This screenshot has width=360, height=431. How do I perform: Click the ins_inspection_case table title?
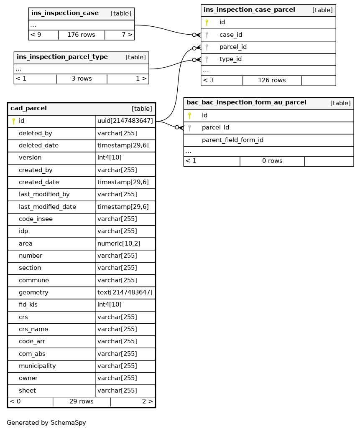pyautogui.click(x=65, y=13)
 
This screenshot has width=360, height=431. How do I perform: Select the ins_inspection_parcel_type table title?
pyautogui.click(x=62, y=57)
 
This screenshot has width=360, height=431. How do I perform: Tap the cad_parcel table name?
pyautogui.click(x=28, y=109)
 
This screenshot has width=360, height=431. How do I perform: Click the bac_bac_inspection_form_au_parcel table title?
pyautogui.click(x=246, y=103)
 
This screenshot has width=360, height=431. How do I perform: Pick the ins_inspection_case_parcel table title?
pyautogui.click(x=249, y=10)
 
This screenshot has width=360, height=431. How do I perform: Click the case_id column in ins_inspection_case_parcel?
pyautogui.click(x=230, y=35)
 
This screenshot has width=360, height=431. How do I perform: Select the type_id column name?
pyautogui.click(x=230, y=59)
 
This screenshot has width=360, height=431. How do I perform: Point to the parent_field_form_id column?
pyautogui.click(x=232, y=140)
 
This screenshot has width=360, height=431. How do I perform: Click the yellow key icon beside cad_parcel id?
pyautogui.click(x=13, y=121)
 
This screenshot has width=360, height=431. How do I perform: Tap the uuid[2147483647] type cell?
pyautogui.click(x=125, y=121)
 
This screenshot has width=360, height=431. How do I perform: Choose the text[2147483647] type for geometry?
pyautogui.click(x=125, y=293)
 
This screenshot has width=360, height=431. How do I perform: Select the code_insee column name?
pyautogui.click(x=36, y=219)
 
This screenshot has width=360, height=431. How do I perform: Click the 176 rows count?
pyautogui.click(x=81, y=35)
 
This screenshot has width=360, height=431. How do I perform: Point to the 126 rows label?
pyautogui.click(x=272, y=80)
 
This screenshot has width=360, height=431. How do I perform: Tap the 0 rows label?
pyautogui.click(x=272, y=161)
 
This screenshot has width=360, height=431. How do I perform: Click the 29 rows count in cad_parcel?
pyautogui.click(x=82, y=402)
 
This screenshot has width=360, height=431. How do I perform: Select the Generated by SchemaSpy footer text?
pyautogui.click(x=46, y=423)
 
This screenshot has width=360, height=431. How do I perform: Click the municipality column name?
pyautogui.click(x=37, y=366)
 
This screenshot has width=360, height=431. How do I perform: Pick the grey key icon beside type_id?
pyautogui.click(x=207, y=59)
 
